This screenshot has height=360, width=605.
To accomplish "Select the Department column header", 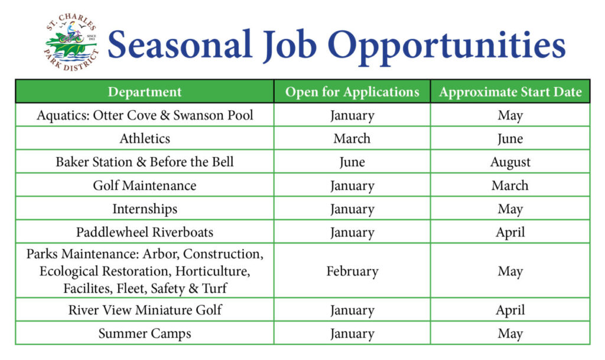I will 145,92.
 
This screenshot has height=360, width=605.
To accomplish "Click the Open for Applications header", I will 352,92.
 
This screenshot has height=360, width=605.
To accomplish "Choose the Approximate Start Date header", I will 510,92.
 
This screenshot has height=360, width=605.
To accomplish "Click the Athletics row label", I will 145,138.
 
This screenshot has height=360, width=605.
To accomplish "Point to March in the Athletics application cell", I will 352,138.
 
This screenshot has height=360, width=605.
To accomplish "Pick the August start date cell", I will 510,162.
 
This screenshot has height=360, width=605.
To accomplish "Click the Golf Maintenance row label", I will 145,186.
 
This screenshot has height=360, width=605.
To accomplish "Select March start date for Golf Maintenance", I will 510,186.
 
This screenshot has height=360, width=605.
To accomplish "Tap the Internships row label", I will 145,209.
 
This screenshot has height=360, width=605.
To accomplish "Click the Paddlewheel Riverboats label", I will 145,232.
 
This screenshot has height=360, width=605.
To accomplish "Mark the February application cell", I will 352,271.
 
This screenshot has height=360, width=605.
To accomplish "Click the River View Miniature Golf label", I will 145,310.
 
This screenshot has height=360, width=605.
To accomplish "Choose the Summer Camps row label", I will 145,333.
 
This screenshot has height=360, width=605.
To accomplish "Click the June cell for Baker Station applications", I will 352,162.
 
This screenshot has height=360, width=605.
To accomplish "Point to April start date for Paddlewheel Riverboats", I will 510,232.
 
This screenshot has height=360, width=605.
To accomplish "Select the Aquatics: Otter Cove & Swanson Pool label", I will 145,115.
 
